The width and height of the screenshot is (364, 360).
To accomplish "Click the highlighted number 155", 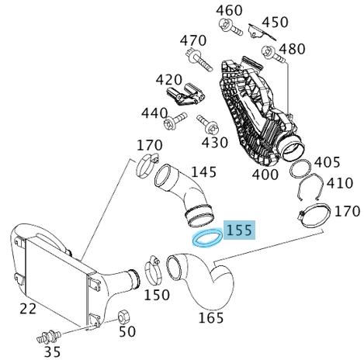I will click(x=239, y=230).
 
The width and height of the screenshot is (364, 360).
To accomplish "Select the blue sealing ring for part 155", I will click(x=204, y=237).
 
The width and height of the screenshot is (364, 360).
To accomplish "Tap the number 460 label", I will click(x=228, y=10).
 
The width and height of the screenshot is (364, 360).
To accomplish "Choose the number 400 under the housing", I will click(x=265, y=175).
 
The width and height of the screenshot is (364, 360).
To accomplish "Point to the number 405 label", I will click(x=328, y=161).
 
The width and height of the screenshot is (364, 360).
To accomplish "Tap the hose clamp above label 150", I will click(x=152, y=271).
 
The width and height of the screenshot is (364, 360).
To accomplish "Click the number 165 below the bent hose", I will click(x=211, y=317).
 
